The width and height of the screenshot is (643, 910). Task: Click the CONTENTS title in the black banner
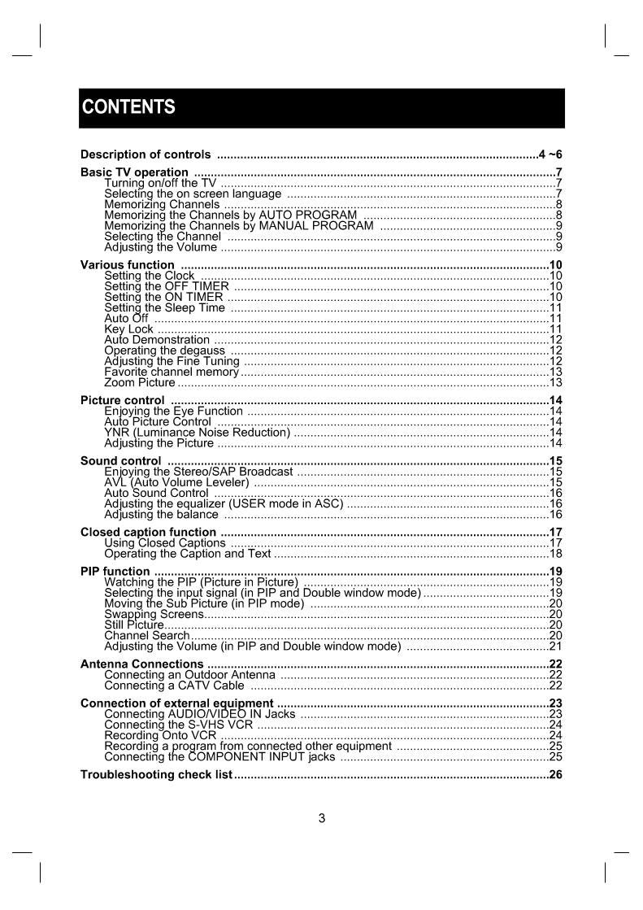[x=128, y=107]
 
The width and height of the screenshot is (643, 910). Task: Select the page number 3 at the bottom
[x=322, y=818]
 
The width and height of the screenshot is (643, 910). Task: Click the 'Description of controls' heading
[x=146, y=155]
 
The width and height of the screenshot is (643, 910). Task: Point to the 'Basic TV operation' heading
[x=134, y=172]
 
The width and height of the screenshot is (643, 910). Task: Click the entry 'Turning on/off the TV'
[x=160, y=183]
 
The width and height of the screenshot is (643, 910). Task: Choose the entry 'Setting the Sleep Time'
[x=164, y=308]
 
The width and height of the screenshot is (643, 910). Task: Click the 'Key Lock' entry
[x=128, y=329]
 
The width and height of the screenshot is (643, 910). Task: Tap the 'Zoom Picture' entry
[x=139, y=382]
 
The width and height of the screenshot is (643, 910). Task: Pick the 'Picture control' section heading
[x=122, y=400]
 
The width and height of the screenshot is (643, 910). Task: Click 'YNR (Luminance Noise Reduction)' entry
[x=197, y=433]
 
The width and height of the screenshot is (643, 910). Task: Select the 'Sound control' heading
[x=120, y=461]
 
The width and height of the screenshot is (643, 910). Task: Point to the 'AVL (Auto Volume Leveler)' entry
[x=176, y=482]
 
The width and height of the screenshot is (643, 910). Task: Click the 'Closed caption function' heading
[x=148, y=533]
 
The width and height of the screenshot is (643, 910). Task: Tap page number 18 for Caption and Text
[x=556, y=554]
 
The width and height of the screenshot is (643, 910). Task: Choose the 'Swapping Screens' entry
[x=154, y=614]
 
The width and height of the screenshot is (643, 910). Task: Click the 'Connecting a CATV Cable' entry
[x=174, y=686]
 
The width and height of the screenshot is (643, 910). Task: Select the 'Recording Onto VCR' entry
[x=159, y=735]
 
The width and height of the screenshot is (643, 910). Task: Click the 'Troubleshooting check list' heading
[x=156, y=774]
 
